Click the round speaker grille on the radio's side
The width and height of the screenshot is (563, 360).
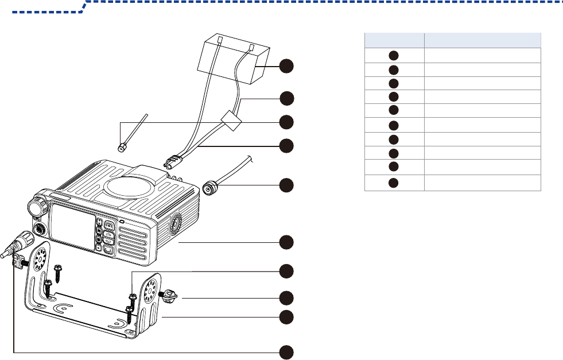pyautogui.click(x=176, y=226)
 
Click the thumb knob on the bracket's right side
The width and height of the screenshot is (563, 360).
pyautogui.click(x=170, y=296)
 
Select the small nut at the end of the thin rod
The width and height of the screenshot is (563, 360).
pyautogui.click(x=122, y=147)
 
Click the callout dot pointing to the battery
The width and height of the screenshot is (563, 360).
pyautogui.click(x=288, y=66)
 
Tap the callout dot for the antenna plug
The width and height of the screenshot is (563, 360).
pyautogui.click(x=288, y=185)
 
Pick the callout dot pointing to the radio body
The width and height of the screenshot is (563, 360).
pyautogui.click(x=288, y=242)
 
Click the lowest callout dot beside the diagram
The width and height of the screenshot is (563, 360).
pyautogui.click(x=288, y=351)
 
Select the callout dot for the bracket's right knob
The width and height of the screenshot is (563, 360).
pyautogui.click(x=288, y=297)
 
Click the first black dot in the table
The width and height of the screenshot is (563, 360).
pyautogui.click(x=394, y=55)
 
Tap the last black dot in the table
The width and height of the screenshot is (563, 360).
pyautogui.click(x=394, y=183)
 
